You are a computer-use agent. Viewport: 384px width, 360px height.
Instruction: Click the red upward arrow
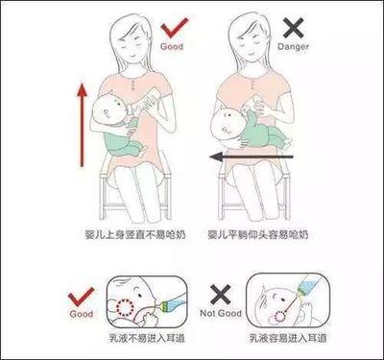[83, 125]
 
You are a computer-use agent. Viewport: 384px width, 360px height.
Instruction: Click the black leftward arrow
[252, 156]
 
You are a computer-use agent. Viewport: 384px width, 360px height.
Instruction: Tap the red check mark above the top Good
[175, 28]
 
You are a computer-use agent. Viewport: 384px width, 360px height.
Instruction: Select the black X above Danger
[293, 28]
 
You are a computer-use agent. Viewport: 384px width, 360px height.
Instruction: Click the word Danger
[293, 47]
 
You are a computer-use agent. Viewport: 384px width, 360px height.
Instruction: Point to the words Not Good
[221, 313]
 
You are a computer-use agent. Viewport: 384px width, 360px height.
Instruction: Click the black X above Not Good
[221, 295]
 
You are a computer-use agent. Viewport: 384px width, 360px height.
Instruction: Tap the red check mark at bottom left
[81, 297]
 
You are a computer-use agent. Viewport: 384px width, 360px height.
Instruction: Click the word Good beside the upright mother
[172, 46]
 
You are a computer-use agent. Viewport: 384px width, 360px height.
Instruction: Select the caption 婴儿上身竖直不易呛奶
[135, 235]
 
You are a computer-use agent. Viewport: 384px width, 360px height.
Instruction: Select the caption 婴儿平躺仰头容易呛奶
[258, 235]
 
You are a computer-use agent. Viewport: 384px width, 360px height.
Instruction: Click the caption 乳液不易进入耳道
[147, 338]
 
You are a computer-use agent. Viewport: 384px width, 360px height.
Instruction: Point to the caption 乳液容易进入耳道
[288, 338]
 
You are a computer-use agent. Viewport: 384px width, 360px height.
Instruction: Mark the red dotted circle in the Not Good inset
[280, 317]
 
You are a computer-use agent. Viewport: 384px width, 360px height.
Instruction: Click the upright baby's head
[108, 110]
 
